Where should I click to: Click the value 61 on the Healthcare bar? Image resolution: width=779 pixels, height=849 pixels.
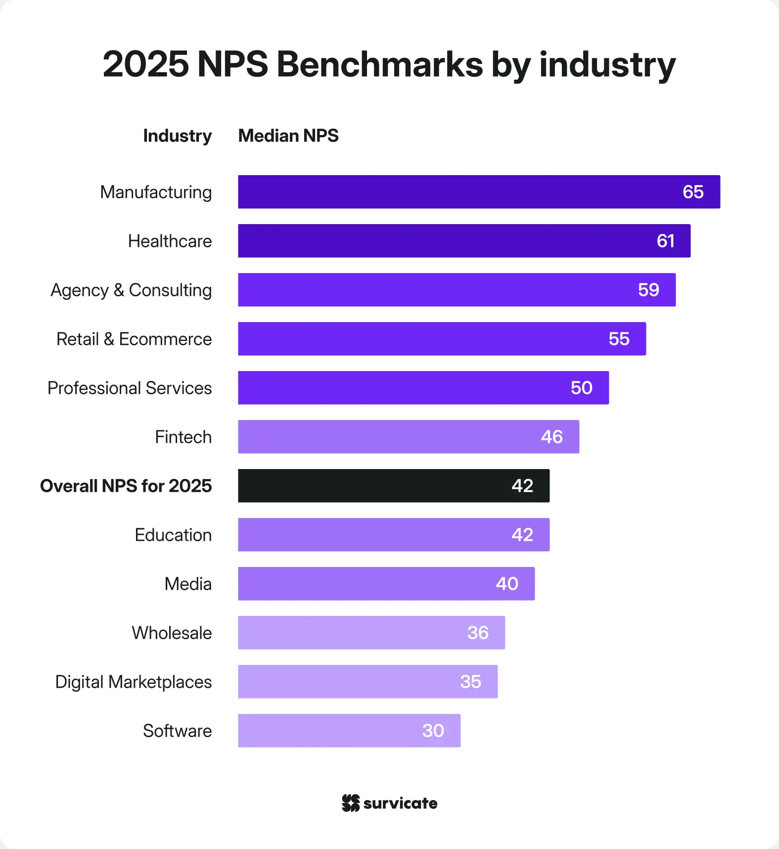click(x=665, y=241)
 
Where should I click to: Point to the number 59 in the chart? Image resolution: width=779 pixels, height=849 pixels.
click(x=648, y=290)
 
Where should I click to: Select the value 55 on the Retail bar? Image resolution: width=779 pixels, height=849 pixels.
click(x=619, y=339)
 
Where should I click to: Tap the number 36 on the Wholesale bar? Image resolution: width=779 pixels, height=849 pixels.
click(x=478, y=633)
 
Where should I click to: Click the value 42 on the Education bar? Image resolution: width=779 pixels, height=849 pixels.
click(x=522, y=535)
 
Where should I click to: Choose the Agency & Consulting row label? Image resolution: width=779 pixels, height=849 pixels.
click(x=131, y=290)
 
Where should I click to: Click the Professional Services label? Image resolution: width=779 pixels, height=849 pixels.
click(x=130, y=388)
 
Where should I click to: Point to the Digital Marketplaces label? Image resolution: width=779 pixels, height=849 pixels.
click(x=134, y=682)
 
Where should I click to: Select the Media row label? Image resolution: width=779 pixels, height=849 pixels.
click(x=188, y=584)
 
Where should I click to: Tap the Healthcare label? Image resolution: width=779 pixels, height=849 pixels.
click(x=170, y=241)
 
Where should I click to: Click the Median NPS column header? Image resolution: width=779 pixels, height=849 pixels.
click(x=288, y=136)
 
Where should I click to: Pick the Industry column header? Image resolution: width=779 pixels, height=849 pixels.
click(x=177, y=136)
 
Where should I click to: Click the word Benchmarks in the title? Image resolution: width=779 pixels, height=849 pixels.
click(x=379, y=64)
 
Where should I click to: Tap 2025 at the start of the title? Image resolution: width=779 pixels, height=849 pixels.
click(x=145, y=64)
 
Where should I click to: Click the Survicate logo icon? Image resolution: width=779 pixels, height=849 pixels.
click(x=351, y=803)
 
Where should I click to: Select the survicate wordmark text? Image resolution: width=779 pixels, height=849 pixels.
click(x=400, y=803)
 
